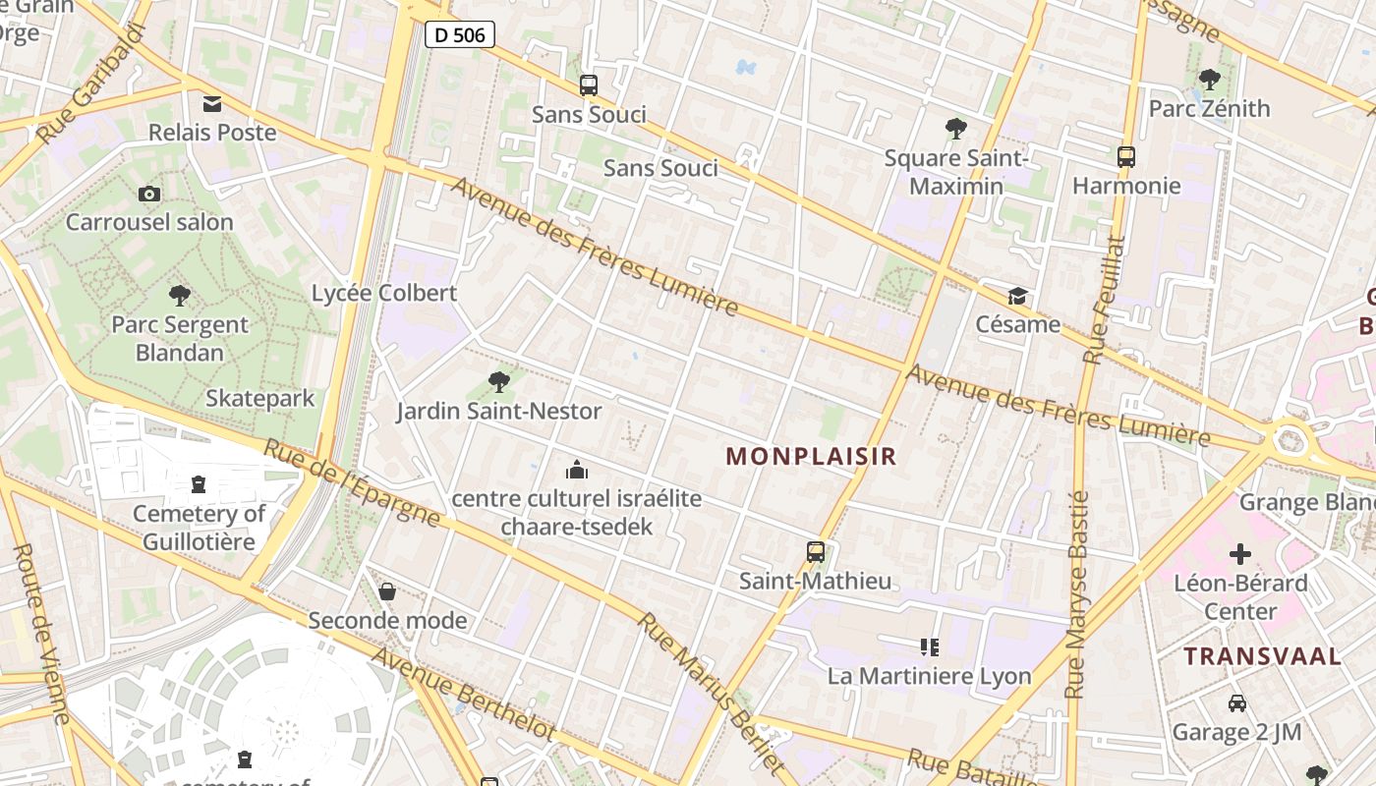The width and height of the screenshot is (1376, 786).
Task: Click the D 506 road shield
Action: [459, 35]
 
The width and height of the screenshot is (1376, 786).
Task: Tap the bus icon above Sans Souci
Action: [589, 85]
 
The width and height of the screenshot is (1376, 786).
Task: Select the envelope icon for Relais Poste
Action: [212, 104]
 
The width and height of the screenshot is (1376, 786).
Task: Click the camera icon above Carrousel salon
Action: [149, 195]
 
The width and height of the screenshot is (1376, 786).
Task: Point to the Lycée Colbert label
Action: [384, 293]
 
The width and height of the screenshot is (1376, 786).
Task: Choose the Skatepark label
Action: [259, 398]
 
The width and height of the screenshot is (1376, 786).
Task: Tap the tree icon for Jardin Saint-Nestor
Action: [499, 382]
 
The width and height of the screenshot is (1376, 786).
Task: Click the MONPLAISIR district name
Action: [811, 456]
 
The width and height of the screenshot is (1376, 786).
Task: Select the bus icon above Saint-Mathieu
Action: [816, 552]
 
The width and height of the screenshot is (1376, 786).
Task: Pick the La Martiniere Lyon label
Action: [929, 676]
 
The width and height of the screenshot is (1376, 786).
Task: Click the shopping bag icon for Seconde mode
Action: [387, 591]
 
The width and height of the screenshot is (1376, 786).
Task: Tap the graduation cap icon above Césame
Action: [1017, 296]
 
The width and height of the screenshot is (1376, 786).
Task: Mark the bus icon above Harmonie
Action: [1126, 156]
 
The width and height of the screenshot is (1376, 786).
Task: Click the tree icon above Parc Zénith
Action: [1209, 80]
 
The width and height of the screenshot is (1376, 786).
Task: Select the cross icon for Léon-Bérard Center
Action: [1240, 554]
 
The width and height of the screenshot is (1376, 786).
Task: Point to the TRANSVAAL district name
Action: [1262, 656]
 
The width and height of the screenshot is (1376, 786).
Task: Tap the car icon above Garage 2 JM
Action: [1236, 703]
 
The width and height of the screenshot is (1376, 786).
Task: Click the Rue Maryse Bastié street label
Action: [1077, 594]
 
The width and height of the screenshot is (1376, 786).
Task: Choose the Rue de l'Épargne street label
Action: [352, 481]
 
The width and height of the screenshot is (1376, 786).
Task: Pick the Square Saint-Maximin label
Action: [955, 172]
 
